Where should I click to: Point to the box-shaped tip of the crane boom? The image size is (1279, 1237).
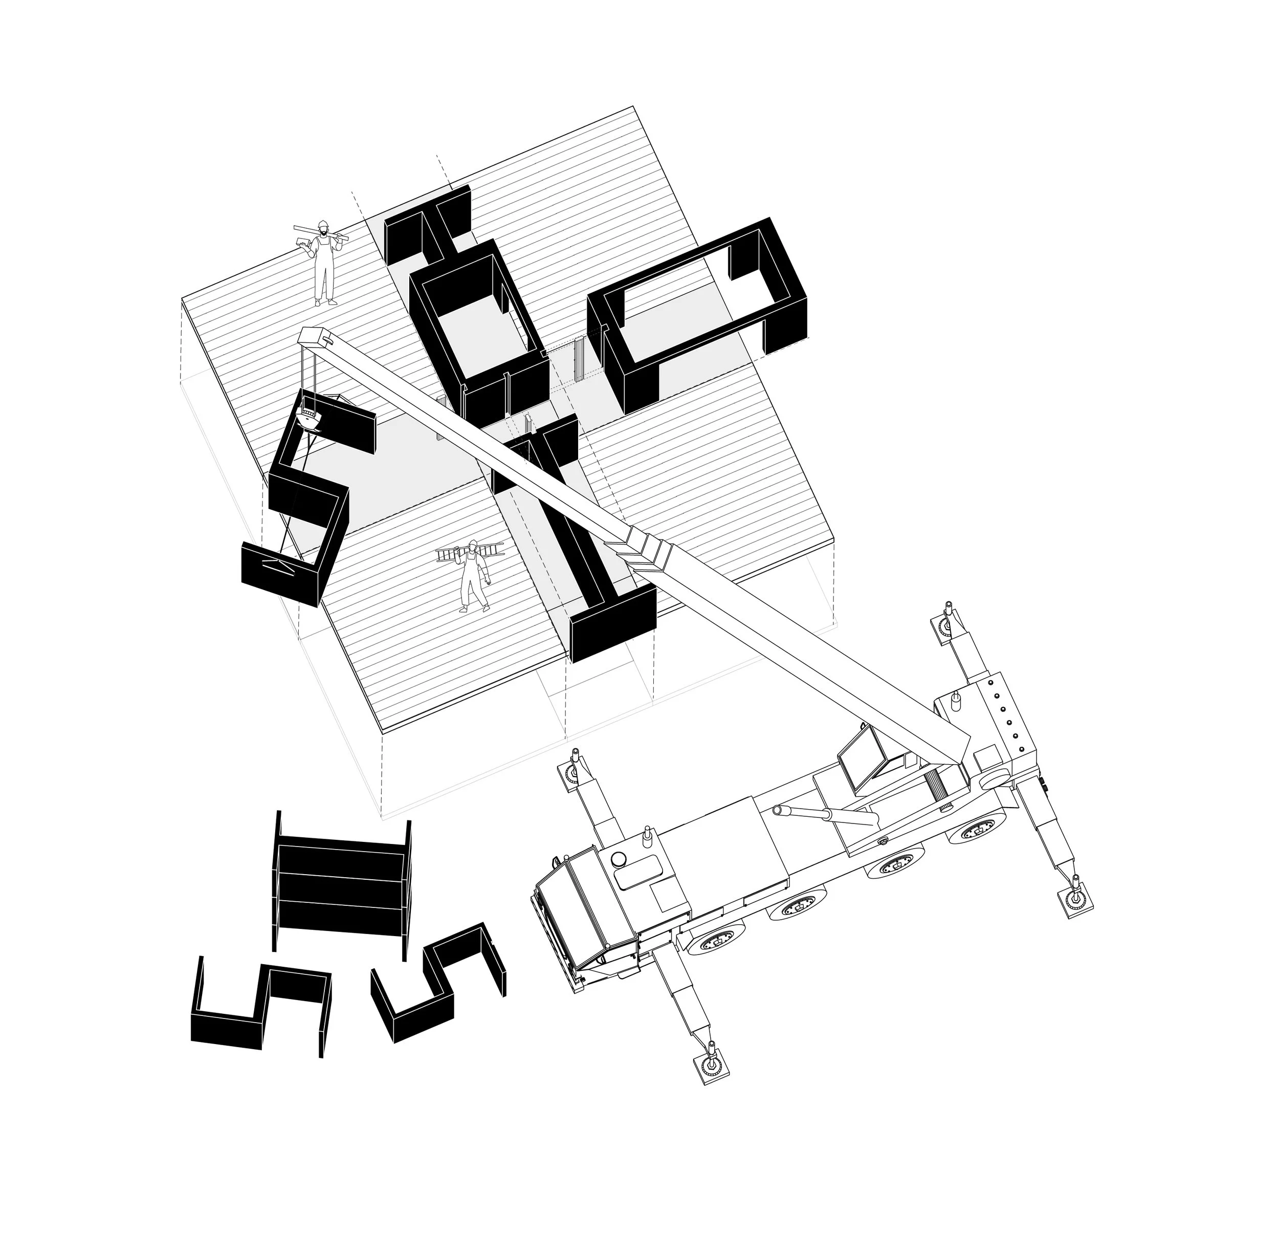pos(315,337)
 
